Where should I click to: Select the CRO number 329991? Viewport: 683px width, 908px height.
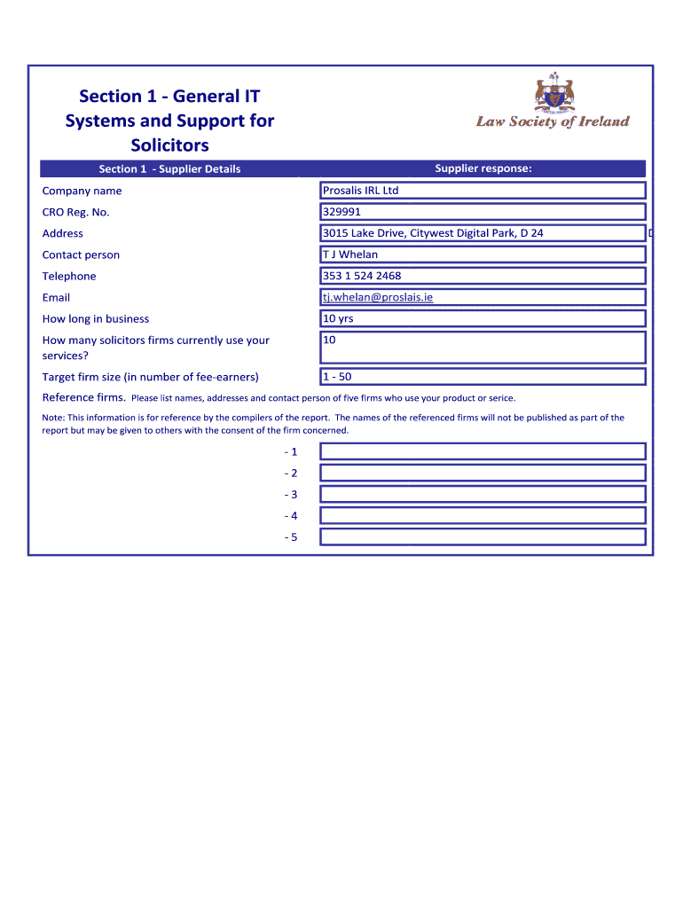[342, 212]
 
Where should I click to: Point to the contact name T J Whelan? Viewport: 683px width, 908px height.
[350, 254]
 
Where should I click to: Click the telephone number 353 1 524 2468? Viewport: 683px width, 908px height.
[362, 276]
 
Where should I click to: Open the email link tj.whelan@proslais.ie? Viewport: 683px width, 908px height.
[378, 297]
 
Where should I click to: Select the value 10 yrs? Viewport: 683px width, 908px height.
[338, 318]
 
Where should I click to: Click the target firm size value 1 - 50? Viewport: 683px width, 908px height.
[337, 376]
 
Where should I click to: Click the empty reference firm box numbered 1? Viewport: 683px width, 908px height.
[483, 451]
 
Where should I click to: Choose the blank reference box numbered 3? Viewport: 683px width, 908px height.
[483, 494]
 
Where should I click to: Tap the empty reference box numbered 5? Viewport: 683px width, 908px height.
[483, 537]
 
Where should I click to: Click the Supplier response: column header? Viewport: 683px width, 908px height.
[483, 168]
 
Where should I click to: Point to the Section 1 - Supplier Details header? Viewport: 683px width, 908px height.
[169, 169]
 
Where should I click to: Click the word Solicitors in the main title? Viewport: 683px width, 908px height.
[169, 145]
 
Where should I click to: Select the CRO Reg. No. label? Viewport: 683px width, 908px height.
[75, 212]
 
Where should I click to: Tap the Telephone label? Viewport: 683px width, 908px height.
[69, 276]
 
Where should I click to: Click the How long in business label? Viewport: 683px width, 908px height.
[96, 318]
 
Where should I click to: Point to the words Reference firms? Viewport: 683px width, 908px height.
[84, 397]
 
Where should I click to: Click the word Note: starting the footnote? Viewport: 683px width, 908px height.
[53, 418]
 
